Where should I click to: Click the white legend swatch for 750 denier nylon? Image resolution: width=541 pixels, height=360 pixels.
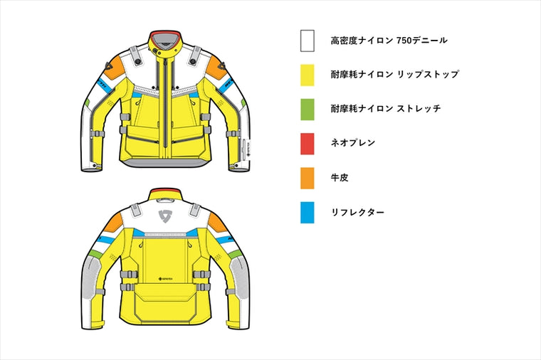pos(307,41)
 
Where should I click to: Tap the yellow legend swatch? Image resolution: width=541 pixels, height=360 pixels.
pos(307,75)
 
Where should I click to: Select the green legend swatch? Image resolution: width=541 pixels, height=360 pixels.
pos(307,110)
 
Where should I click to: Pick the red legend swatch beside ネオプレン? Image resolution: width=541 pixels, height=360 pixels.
pos(307,144)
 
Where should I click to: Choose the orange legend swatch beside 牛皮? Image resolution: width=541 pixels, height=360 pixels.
pos(307,179)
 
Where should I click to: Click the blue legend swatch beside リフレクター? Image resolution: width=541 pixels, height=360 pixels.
pos(307,213)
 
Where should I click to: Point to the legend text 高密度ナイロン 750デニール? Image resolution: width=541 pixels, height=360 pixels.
pos(389,41)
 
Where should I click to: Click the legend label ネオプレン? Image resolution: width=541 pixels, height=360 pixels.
pos(352,143)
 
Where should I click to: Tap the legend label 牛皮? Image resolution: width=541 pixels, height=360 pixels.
pos(340,178)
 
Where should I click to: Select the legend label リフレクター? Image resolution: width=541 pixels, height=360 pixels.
pos(357,213)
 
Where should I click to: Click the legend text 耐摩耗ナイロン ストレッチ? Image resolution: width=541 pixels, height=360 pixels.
pos(386,109)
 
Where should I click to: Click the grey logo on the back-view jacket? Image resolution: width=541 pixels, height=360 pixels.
pos(165,216)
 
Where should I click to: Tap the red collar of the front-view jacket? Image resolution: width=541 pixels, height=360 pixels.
pos(165,33)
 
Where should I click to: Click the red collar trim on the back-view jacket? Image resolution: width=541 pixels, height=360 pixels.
pos(165,191)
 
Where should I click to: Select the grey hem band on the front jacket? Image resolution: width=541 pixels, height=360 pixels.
pos(165,163)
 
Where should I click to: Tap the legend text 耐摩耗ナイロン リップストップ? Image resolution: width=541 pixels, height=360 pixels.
pos(394,75)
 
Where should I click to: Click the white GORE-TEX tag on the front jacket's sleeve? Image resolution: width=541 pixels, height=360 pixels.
pos(246,150)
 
